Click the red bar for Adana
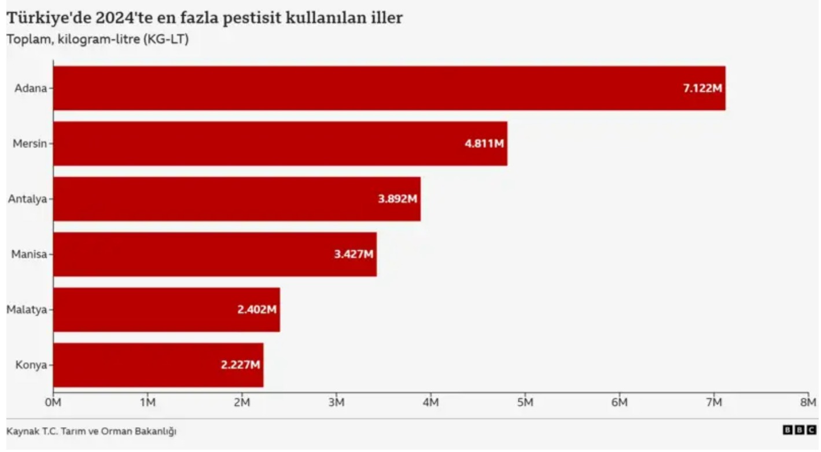tap(389, 88)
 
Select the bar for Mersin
tap(280, 143)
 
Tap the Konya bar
tap(158, 365)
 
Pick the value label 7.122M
tap(702, 88)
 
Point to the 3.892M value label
tap(397, 199)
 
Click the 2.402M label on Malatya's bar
tap(257, 310)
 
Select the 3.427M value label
tap(354, 254)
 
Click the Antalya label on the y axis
tap(27, 199)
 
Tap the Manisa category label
tap(28, 254)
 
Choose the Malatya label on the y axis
tap(26, 310)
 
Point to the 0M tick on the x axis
tap(53, 402)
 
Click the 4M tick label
tap(430, 402)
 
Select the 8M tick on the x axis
tap(808, 402)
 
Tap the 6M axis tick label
tap(619, 402)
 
